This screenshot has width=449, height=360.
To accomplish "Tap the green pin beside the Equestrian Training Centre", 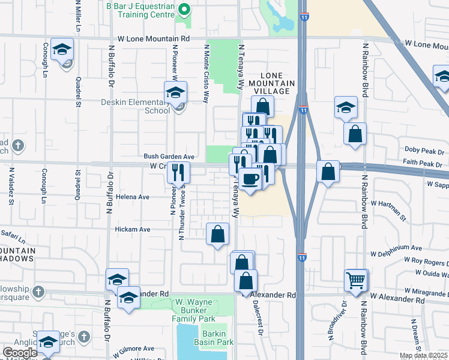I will coord(184,10).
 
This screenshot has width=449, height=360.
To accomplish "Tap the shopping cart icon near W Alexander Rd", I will coord(355,280).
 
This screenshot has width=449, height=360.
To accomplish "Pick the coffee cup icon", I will coord(250,178).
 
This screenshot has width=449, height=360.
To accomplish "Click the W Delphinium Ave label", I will coord(397,247).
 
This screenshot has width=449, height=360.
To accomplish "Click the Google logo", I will coord(20,353).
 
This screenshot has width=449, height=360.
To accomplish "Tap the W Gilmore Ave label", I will coord(132,348).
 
